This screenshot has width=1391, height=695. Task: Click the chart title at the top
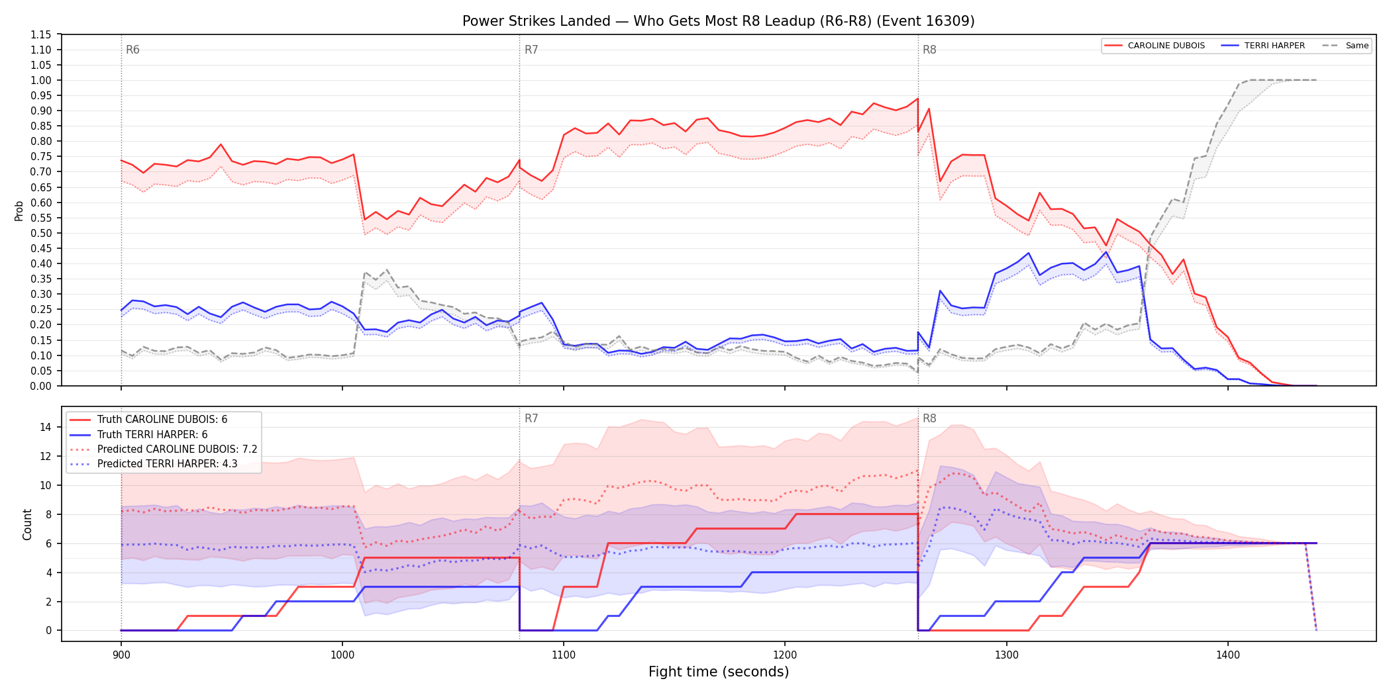click(719, 21)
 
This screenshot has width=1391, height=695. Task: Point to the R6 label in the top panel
click(132, 50)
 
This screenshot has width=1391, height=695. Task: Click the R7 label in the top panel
click(531, 50)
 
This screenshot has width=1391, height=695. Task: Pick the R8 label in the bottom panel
click(929, 418)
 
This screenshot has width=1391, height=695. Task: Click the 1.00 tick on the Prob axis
click(41, 80)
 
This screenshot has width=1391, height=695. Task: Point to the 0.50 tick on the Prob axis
click(41, 233)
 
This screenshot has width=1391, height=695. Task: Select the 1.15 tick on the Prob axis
click(41, 34)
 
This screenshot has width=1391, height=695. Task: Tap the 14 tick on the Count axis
click(46, 427)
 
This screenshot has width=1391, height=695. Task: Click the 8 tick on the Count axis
click(48, 514)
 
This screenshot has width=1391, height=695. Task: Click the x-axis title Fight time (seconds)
click(719, 672)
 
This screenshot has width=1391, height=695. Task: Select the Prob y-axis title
click(19, 210)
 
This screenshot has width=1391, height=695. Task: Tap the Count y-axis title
click(27, 524)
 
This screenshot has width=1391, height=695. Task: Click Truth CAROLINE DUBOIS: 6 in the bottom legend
click(162, 420)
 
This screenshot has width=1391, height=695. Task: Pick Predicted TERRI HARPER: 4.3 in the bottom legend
click(167, 464)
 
